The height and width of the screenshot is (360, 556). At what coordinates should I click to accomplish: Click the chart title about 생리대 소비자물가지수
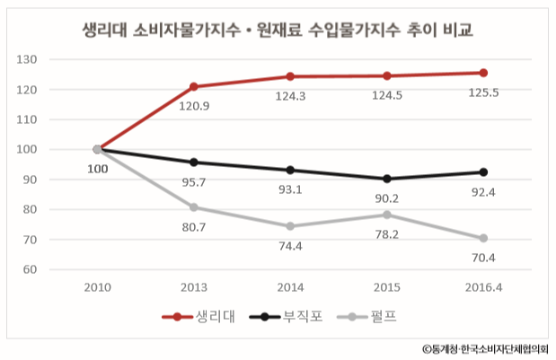point(277,30)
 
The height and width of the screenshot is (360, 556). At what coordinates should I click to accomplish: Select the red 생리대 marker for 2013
point(193,87)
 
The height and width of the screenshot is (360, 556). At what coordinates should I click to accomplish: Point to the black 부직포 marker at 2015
point(386,179)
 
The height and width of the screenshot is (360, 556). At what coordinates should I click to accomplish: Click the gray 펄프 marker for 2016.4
point(483,238)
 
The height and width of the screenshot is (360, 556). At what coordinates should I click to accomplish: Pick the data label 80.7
point(193,228)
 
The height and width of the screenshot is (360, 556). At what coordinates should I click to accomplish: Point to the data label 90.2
point(386,198)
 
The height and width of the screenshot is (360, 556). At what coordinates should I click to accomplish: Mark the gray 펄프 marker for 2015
point(386,215)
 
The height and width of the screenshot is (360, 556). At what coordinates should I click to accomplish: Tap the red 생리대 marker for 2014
point(290,76)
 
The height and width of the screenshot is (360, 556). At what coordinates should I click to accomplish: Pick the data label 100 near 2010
point(96,168)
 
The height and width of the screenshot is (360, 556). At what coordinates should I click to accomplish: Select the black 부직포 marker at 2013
point(193,162)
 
